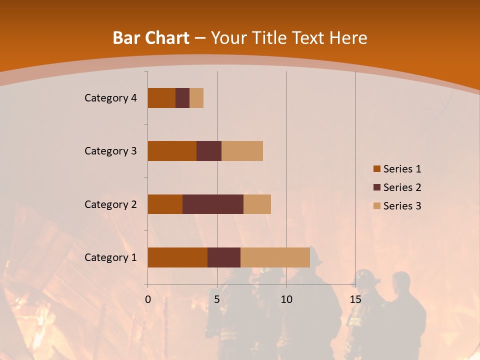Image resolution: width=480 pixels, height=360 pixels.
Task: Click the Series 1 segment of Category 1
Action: point(177,257)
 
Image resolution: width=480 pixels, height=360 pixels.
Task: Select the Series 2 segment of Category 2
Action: point(213,204)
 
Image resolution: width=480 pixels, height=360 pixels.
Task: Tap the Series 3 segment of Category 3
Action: point(242,151)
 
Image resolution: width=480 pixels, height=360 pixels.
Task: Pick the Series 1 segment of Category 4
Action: point(161,98)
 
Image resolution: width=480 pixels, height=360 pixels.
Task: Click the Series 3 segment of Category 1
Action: point(275,257)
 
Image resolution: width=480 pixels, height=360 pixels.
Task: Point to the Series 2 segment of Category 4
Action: point(182,98)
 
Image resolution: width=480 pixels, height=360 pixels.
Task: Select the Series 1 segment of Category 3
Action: point(172,151)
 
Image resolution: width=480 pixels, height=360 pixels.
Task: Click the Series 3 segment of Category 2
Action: point(257,204)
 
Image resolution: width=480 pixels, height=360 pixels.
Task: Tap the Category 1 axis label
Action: point(110,257)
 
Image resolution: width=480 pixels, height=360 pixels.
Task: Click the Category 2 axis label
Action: point(110,204)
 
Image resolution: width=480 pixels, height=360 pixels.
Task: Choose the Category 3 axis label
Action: point(110,151)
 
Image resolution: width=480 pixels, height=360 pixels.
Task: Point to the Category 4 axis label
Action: point(110,98)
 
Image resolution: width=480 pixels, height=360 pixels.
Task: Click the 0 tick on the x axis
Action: point(148,299)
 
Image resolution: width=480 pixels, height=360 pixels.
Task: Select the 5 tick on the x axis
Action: point(217,299)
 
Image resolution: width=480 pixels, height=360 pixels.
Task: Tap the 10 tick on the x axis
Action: point(286,299)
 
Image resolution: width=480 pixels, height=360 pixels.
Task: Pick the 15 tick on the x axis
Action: point(355,299)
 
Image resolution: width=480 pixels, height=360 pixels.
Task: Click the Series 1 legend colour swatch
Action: point(376,169)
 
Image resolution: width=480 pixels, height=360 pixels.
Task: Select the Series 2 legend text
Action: point(402,187)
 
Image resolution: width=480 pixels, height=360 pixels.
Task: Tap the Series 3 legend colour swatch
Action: point(376,206)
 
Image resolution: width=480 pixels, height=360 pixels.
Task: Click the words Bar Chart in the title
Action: point(151,38)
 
